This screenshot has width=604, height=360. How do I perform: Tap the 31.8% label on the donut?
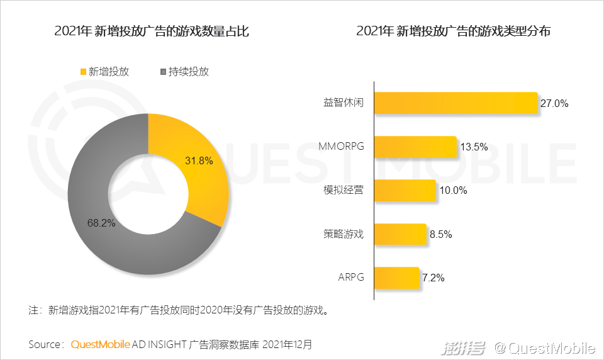[x=199, y=160]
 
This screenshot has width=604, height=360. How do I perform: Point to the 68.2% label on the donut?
[x=101, y=223]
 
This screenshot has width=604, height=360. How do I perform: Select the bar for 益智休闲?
[x=456, y=103]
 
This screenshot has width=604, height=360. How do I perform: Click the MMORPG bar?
[x=415, y=147]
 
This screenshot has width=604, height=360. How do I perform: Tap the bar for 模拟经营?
[x=405, y=190]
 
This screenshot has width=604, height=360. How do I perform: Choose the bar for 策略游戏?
[x=400, y=234]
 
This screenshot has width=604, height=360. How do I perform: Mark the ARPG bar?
[x=396, y=278]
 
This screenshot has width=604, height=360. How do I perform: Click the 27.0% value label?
[x=554, y=104]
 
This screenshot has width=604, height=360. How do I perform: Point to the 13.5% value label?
[x=474, y=147]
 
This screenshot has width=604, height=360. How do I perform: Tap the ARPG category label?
[x=351, y=278]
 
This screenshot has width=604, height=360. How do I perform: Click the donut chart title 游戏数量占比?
[x=152, y=31]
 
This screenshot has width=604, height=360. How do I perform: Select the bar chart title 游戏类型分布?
[x=453, y=31]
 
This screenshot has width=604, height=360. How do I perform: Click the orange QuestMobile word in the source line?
[x=101, y=345]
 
